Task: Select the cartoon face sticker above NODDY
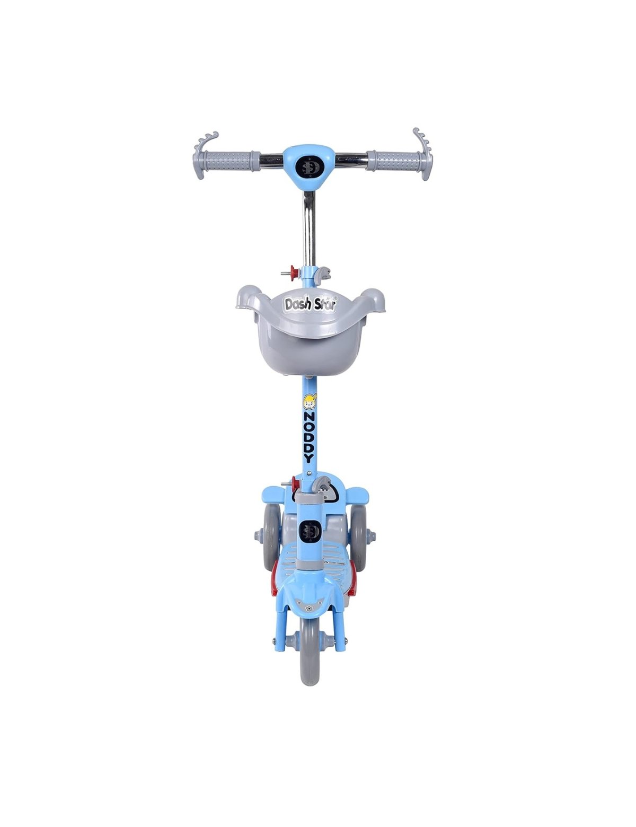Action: click(x=308, y=402)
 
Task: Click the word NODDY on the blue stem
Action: click(x=308, y=436)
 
